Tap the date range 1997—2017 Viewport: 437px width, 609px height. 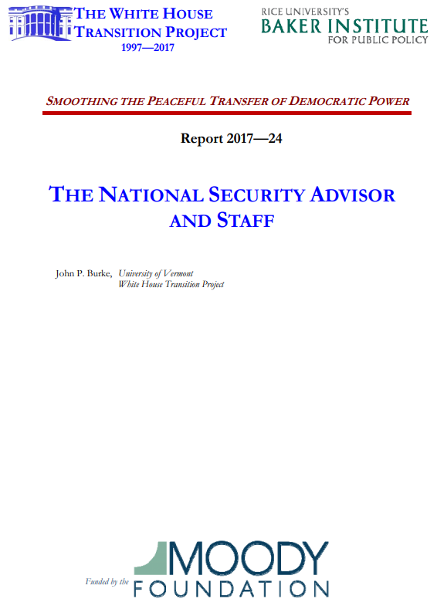[x=148, y=48]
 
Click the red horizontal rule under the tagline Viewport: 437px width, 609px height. [x=226, y=113]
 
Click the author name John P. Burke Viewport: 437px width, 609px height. [x=83, y=273]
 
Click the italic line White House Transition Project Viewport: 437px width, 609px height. [x=171, y=284]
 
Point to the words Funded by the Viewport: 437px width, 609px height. [x=107, y=581]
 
